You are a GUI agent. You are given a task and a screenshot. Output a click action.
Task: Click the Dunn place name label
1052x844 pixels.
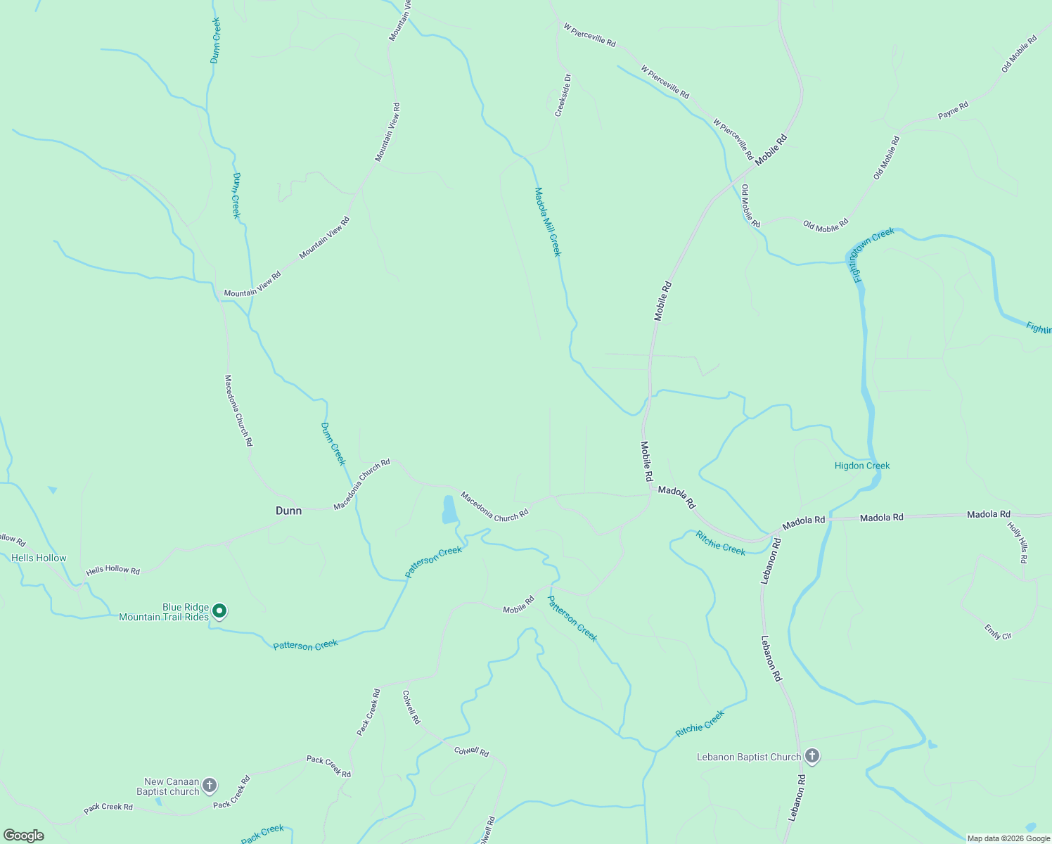click(x=288, y=511)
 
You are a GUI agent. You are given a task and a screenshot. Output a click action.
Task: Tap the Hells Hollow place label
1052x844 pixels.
click(x=39, y=558)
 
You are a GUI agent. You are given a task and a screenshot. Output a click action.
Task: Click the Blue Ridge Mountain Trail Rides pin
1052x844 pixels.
click(x=219, y=611)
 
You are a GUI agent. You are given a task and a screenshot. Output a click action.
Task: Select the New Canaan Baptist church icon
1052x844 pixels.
click(x=210, y=785)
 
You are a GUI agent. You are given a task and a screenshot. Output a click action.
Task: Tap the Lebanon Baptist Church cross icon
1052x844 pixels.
click(x=812, y=756)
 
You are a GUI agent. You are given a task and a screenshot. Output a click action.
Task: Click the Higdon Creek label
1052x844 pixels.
click(x=862, y=466)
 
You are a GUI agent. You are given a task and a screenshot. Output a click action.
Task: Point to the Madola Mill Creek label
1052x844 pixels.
click(x=548, y=222)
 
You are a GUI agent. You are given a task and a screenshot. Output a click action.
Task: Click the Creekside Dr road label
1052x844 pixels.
click(x=562, y=96)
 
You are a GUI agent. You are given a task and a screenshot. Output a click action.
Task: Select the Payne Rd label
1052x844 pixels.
click(x=953, y=110)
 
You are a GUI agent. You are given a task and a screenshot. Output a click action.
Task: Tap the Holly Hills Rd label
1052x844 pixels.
click(x=1018, y=542)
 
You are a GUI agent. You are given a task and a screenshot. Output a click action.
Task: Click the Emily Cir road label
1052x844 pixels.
click(x=998, y=632)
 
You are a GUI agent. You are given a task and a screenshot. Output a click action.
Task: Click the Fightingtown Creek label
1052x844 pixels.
click(x=872, y=253)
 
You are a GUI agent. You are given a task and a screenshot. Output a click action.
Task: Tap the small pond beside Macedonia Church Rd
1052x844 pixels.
click(x=449, y=509)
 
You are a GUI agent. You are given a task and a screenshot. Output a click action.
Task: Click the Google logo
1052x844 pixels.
click(x=24, y=836)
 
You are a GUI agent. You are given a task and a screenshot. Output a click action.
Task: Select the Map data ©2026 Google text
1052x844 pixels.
click(x=1008, y=838)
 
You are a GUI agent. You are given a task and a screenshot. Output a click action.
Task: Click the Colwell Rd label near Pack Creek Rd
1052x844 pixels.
click(x=411, y=707)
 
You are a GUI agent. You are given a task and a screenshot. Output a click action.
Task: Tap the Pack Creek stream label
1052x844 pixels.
click(x=262, y=833)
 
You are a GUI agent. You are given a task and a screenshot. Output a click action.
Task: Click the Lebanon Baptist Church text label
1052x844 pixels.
click(x=749, y=757)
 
